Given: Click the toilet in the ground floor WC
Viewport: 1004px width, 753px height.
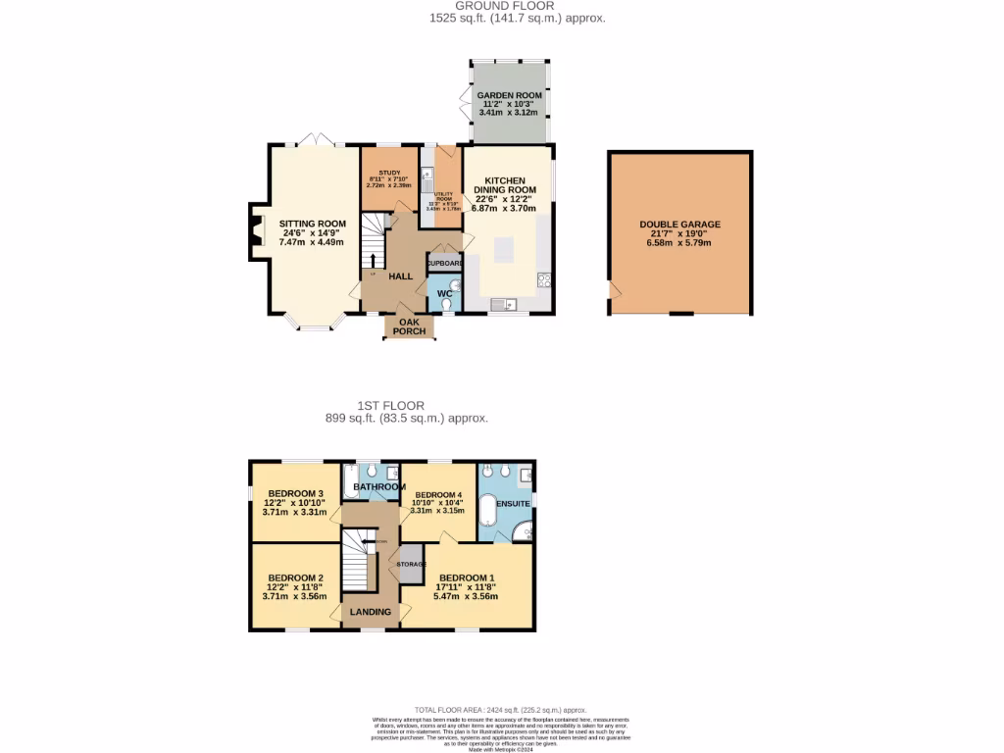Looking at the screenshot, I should coord(447,305).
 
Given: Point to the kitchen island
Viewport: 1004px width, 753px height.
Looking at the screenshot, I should coord(503,249).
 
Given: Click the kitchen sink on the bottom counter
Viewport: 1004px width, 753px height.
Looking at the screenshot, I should coord(502,303).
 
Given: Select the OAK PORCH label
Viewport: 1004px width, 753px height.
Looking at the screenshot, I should coord(410,326).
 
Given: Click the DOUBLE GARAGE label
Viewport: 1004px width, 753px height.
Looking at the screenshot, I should coord(679,225).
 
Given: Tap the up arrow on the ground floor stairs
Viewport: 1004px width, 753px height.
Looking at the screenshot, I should coord(373,261).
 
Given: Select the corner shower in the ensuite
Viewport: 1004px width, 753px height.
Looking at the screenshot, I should coord(525,532).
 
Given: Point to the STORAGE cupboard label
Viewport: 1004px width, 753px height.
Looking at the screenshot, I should coord(411,564).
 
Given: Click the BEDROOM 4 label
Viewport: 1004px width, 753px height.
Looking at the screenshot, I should coord(438,494).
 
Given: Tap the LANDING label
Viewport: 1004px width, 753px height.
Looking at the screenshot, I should coord(371,612).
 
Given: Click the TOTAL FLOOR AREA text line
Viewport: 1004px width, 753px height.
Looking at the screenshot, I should coord(500,709).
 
